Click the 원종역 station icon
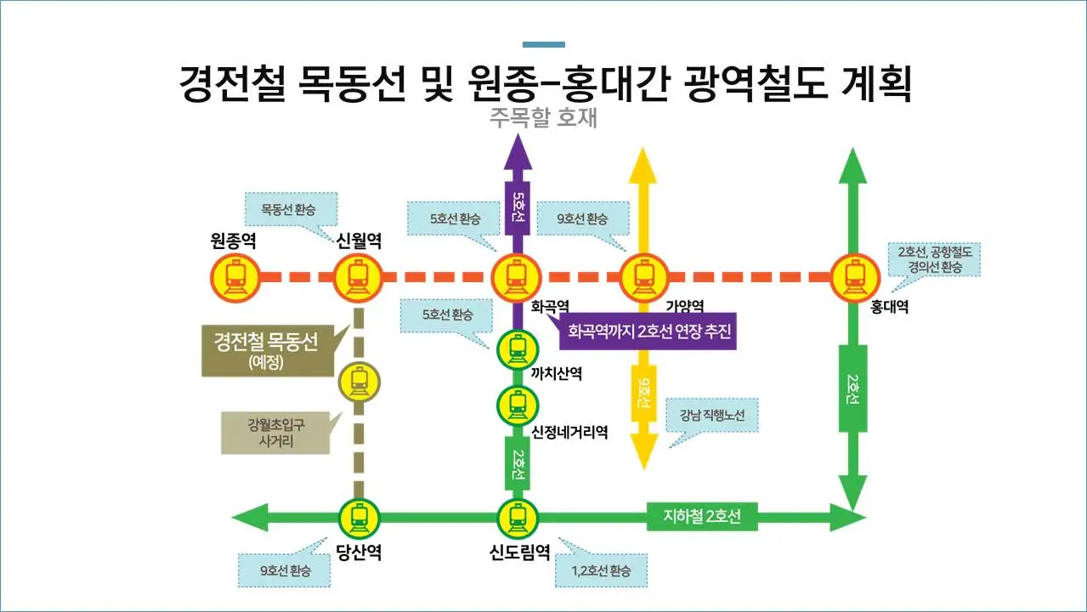(x=235, y=277)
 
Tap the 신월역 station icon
(x=358, y=277)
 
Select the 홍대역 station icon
(x=854, y=277)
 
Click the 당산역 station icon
(x=359, y=517)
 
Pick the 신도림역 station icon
(x=517, y=517)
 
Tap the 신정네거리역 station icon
(x=517, y=405)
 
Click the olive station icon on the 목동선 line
(x=359, y=382)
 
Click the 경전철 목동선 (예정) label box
(x=265, y=350)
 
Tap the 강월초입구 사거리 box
(x=275, y=433)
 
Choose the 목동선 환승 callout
(x=291, y=209)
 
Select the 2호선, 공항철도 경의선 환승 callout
(x=935, y=259)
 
